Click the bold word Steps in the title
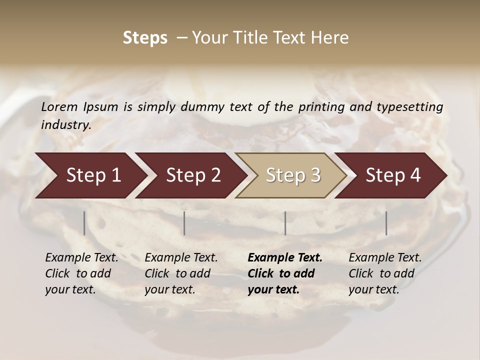[145, 38]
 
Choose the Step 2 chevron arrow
[193, 175]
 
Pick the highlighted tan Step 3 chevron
[292, 175]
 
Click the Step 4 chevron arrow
[393, 175]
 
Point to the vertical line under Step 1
[84, 223]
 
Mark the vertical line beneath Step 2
[184, 223]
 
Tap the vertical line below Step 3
[285, 223]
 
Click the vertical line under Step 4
[386, 223]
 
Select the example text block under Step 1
[81, 273]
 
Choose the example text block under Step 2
[181, 273]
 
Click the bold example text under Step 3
[285, 273]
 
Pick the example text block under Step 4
[385, 273]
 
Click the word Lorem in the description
[59, 107]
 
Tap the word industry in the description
[65, 125]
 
